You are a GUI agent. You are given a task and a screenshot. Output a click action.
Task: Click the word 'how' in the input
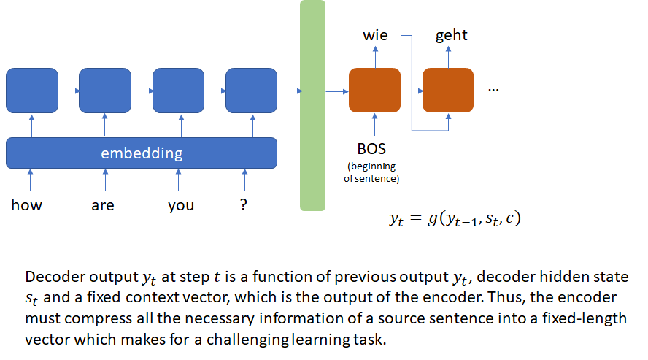pos(26,205)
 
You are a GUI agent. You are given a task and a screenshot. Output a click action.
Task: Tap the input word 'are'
pos(102,205)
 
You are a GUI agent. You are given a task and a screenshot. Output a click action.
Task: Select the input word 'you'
pos(181,206)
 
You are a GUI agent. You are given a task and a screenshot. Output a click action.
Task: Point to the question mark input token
pos(244,204)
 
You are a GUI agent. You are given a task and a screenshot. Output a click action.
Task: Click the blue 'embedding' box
pos(142,153)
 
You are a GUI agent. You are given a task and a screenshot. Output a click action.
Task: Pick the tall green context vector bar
pos(312,105)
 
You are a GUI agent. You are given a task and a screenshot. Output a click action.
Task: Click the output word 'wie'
pos(375,35)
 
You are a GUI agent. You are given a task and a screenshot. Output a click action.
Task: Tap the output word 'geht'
pos(451,36)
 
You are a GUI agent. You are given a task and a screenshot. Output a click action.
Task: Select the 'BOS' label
pos(371,149)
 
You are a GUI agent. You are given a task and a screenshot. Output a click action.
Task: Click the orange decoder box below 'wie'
pos(374,90)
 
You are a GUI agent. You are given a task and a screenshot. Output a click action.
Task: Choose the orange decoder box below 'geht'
pos(448,90)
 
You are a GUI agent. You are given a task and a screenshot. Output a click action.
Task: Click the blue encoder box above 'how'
pos(32,91)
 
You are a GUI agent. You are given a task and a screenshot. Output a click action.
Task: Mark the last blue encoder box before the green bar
pos(251,91)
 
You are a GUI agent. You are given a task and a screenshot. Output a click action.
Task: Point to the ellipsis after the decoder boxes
pos(493,90)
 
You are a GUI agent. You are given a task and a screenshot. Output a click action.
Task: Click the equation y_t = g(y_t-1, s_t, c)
pos(455,218)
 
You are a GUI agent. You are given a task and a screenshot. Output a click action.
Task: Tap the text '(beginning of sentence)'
pos(371,172)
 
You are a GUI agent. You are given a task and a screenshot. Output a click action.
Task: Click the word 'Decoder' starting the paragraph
pos(55,277)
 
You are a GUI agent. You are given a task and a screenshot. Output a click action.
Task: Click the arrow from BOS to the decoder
pos(375,124)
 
